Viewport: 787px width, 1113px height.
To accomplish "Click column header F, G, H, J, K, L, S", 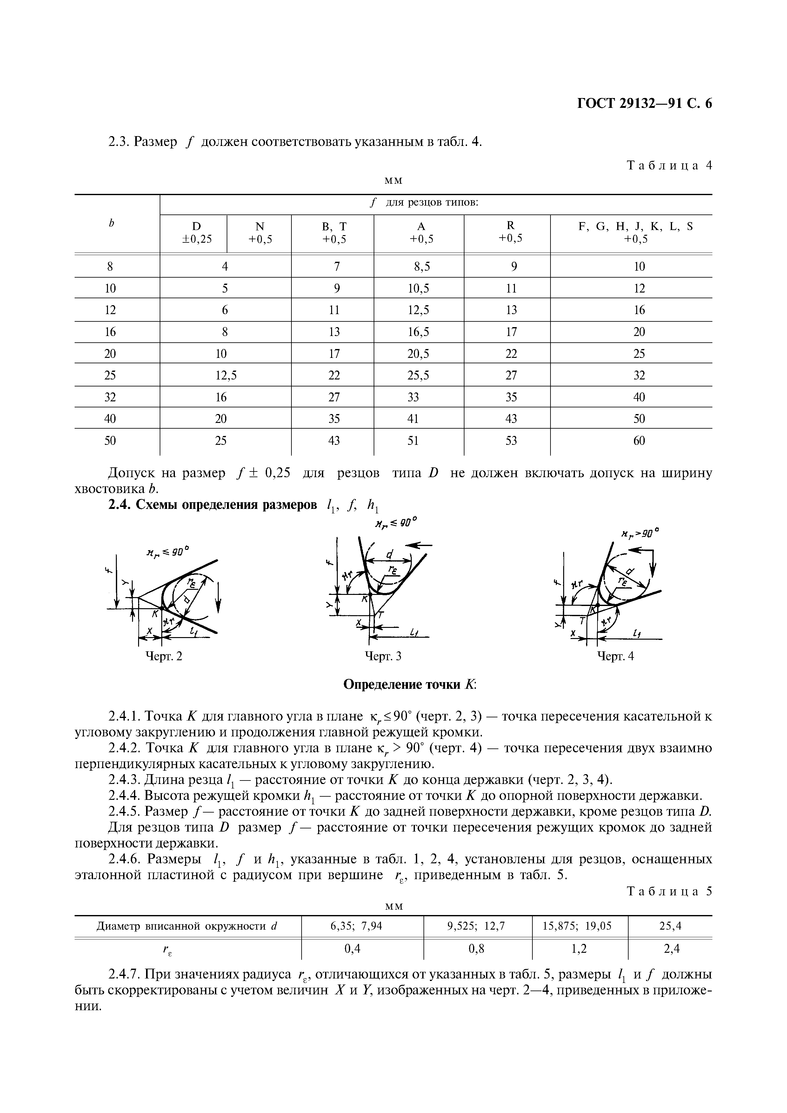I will coord(636,232).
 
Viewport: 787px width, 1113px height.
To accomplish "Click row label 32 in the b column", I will coord(110,397).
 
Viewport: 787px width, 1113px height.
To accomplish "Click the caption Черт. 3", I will coord(383,656).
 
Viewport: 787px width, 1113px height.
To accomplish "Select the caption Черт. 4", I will coord(615,656).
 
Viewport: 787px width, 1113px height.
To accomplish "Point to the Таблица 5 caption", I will coord(669,891).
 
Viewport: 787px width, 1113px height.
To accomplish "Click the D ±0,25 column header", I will coord(196,232).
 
